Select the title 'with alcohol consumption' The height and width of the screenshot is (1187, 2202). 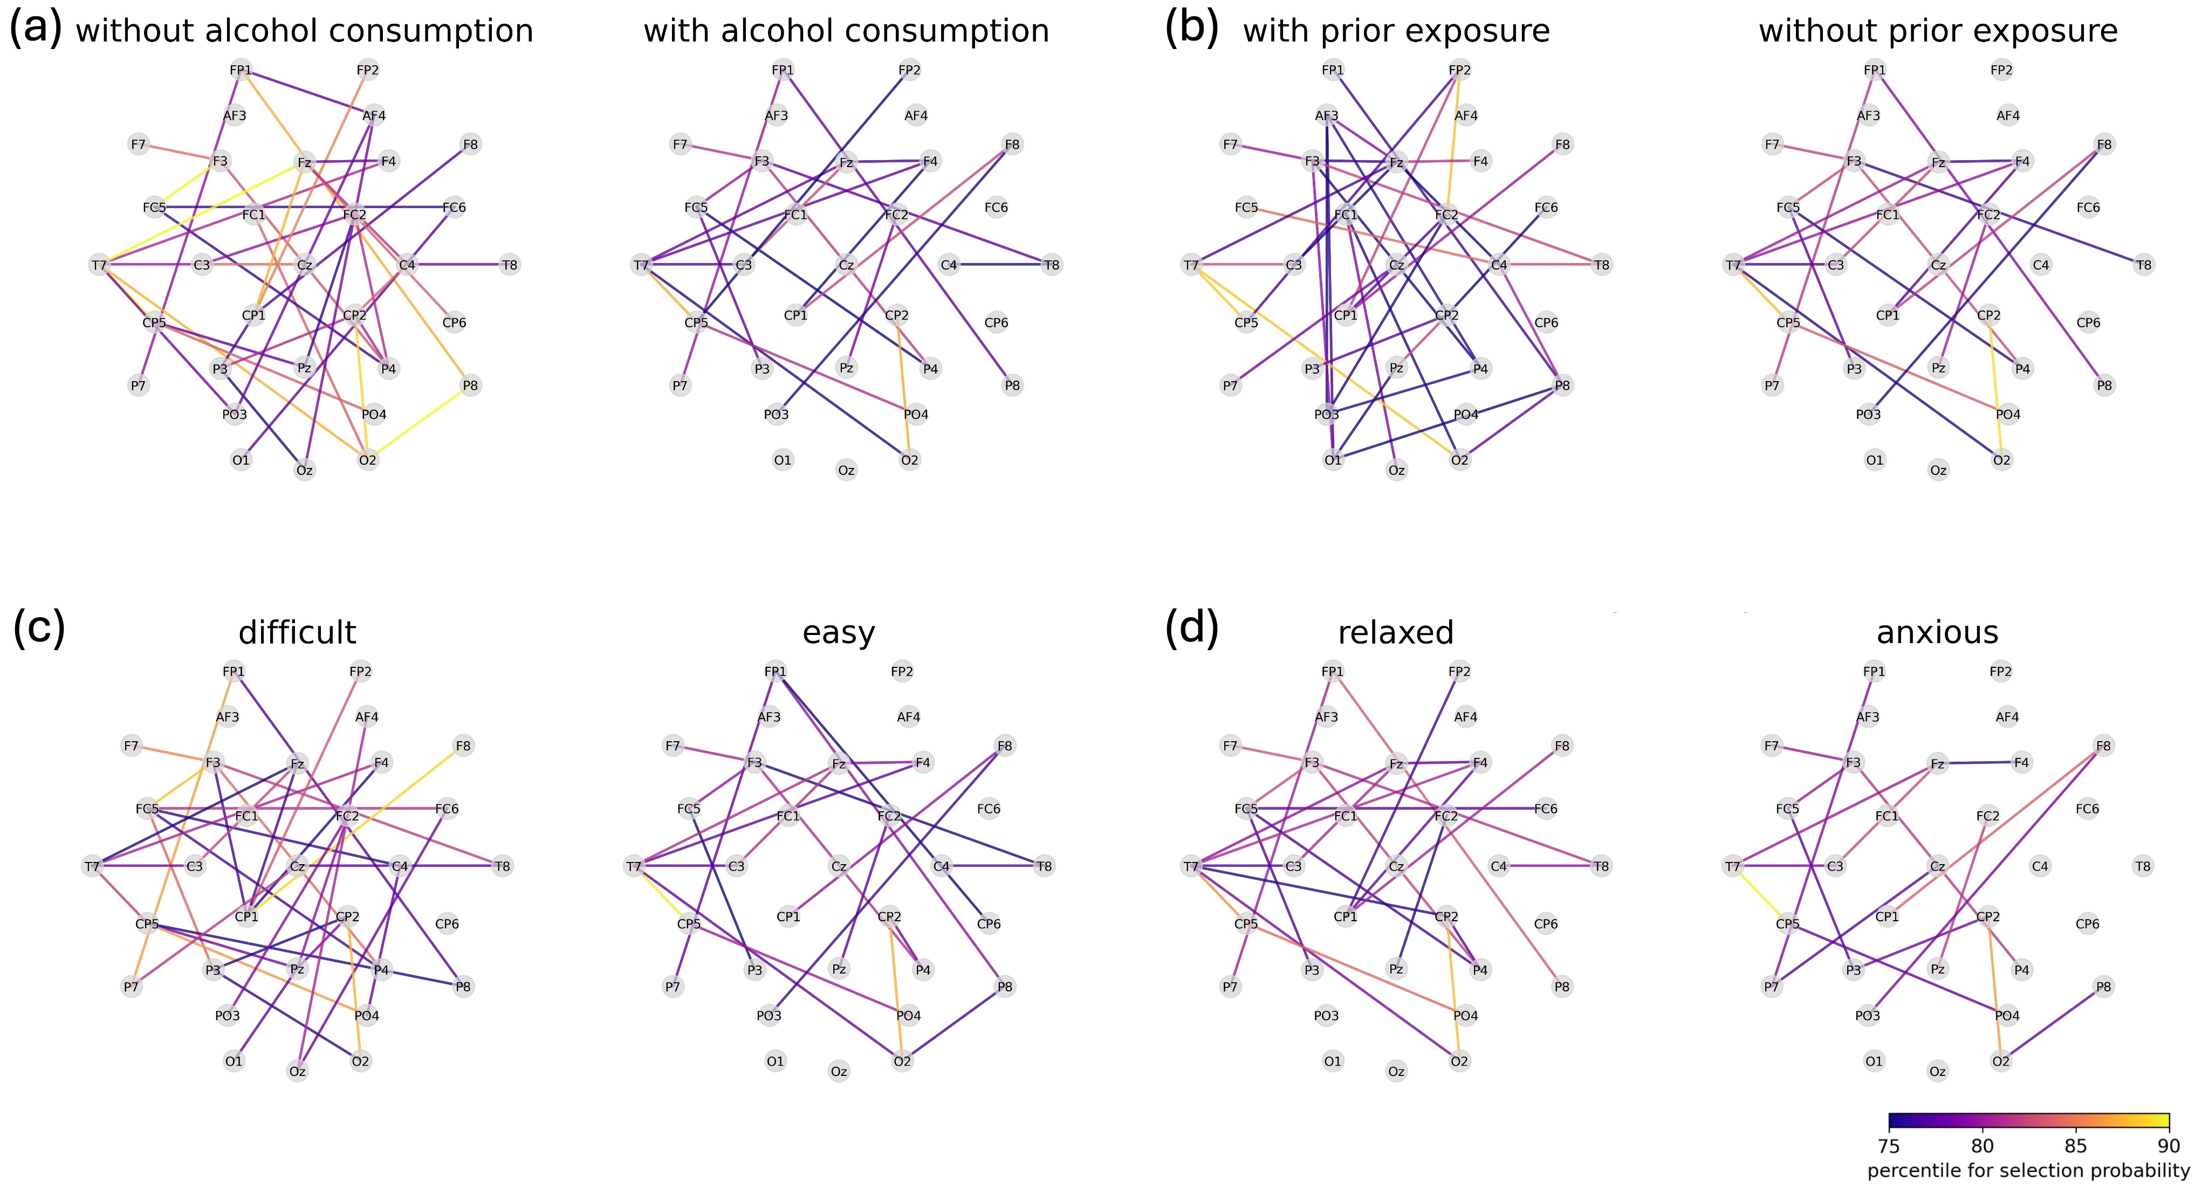click(x=846, y=32)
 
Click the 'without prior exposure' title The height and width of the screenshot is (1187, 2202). click(x=1938, y=32)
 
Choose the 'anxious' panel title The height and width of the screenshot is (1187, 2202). click(x=1937, y=632)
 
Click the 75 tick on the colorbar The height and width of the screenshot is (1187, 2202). click(x=1889, y=1145)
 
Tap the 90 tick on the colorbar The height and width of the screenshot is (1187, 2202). click(x=2169, y=1145)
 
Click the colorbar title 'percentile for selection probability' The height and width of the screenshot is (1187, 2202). click(x=2028, y=1170)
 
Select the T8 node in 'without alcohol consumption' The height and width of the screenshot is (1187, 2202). click(x=510, y=265)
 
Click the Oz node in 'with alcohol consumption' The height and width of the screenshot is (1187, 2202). click(x=846, y=470)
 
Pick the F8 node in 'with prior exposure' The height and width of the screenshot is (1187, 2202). click(x=1562, y=144)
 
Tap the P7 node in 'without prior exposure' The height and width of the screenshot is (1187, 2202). click(x=1772, y=385)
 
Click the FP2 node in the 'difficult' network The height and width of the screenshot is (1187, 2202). click(x=361, y=672)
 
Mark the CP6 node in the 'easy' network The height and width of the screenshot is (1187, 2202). click(x=989, y=924)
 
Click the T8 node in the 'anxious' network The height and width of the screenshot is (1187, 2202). click(x=2143, y=867)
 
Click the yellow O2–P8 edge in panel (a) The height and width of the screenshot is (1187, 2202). click(x=419, y=423)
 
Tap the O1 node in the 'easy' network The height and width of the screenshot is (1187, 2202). click(x=776, y=1061)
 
